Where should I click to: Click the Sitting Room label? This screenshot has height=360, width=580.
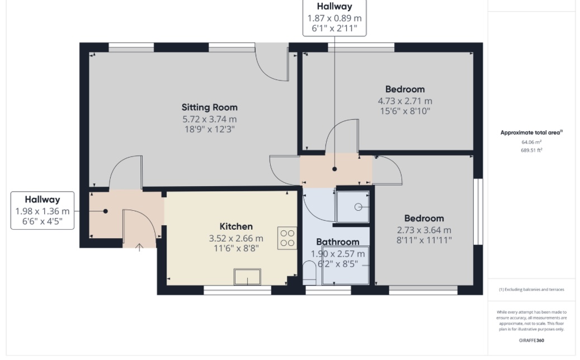pos(209,107)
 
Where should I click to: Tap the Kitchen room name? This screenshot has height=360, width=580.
pos(236,226)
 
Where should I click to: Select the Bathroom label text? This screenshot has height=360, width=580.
pos(338,242)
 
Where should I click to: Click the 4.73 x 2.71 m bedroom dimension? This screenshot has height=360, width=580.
pos(405,101)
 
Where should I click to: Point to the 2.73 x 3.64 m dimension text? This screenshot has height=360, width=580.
pos(424,230)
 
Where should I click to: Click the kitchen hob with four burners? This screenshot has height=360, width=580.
pos(287,238)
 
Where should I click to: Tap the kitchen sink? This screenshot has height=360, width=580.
pos(247,277)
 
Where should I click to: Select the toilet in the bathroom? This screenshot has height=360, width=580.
pos(309,273)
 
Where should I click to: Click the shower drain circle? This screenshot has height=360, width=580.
pos(358,207)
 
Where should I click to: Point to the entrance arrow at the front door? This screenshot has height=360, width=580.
pos(139,247)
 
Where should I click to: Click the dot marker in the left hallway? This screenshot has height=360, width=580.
pos(105,211)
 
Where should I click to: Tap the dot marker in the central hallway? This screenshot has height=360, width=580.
pos(334,169)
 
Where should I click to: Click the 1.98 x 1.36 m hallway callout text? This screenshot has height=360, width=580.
pos(42,211)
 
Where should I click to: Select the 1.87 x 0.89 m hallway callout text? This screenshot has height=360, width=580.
pos(334,18)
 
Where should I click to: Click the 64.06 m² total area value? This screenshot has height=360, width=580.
pos(531,143)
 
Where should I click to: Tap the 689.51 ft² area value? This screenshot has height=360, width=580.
pos(531,150)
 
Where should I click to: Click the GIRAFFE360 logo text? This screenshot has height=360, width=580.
pos(531,340)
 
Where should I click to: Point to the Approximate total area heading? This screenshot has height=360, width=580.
pos(531,132)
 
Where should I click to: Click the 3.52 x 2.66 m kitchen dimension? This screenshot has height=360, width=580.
pos(236,238)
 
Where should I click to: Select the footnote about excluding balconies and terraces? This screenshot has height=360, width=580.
pos(531,290)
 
